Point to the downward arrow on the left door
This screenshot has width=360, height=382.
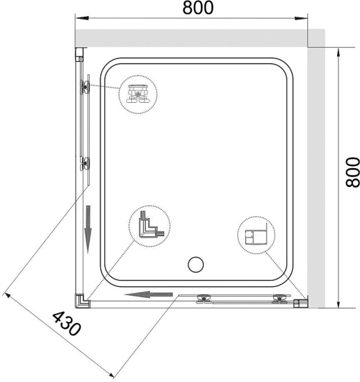tap(89, 230)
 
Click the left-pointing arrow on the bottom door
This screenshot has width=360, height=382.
tap(148, 294)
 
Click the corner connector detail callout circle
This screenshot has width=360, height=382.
tap(148, 227)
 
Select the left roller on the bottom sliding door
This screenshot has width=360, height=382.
tap(205, 299)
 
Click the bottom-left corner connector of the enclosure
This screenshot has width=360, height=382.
tap(83, 301)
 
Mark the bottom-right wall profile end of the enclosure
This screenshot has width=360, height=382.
tap(302, 302)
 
